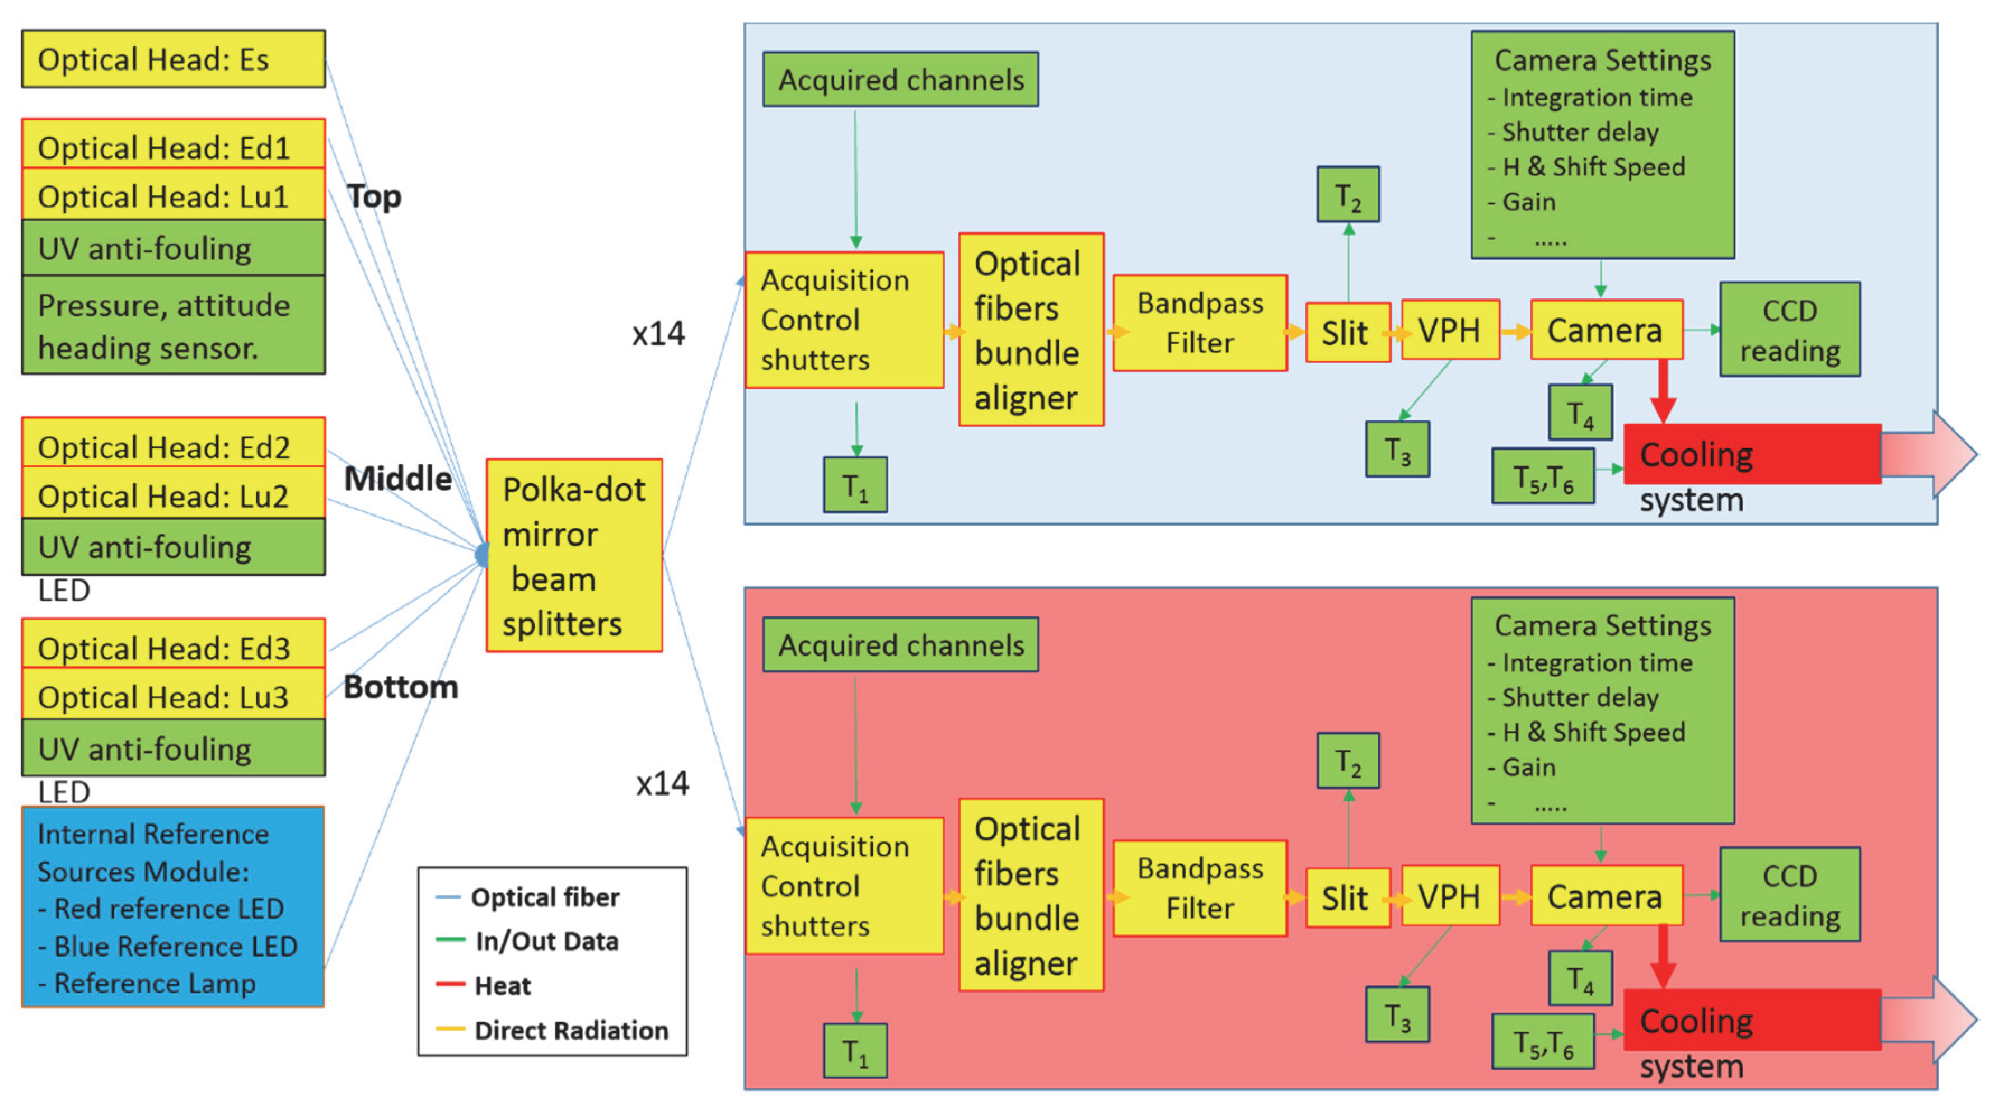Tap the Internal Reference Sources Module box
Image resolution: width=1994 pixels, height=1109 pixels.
172,907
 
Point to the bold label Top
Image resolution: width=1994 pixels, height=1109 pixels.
374,196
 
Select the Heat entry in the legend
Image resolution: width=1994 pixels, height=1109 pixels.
502,986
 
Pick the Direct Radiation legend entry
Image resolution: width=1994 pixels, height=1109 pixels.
570,1031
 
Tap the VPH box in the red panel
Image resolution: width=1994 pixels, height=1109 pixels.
1450,897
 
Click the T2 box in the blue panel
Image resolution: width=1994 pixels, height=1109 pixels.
1347,195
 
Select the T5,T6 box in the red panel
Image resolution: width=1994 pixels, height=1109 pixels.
1543,1042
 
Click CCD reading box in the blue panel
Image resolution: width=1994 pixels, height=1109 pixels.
1789,330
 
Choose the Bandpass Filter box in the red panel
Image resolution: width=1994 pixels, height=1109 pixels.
1200,888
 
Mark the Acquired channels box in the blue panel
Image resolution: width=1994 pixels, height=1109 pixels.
900,79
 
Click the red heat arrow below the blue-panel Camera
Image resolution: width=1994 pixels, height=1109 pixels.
1662,391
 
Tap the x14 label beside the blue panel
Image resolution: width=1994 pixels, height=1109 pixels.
658,334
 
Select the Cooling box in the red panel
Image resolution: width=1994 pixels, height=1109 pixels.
1752,1020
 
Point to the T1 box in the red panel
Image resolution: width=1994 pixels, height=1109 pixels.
855,1051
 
